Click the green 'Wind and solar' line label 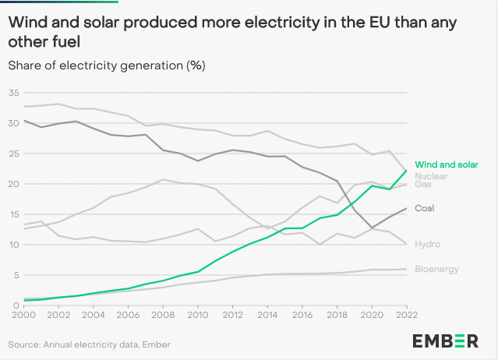coord(446,164)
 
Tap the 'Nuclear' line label coord(430,176)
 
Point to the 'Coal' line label coord(425,208)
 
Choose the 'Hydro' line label coord(427,244)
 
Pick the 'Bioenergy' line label coord(436,269)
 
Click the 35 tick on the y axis coord(12,93)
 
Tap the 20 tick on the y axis coord(12,184)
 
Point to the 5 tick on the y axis coord(15,275)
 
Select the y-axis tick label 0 coord(15,305)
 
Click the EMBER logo coord(445,341)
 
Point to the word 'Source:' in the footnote coord(24,344)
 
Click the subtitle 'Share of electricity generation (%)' coord(107,65)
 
